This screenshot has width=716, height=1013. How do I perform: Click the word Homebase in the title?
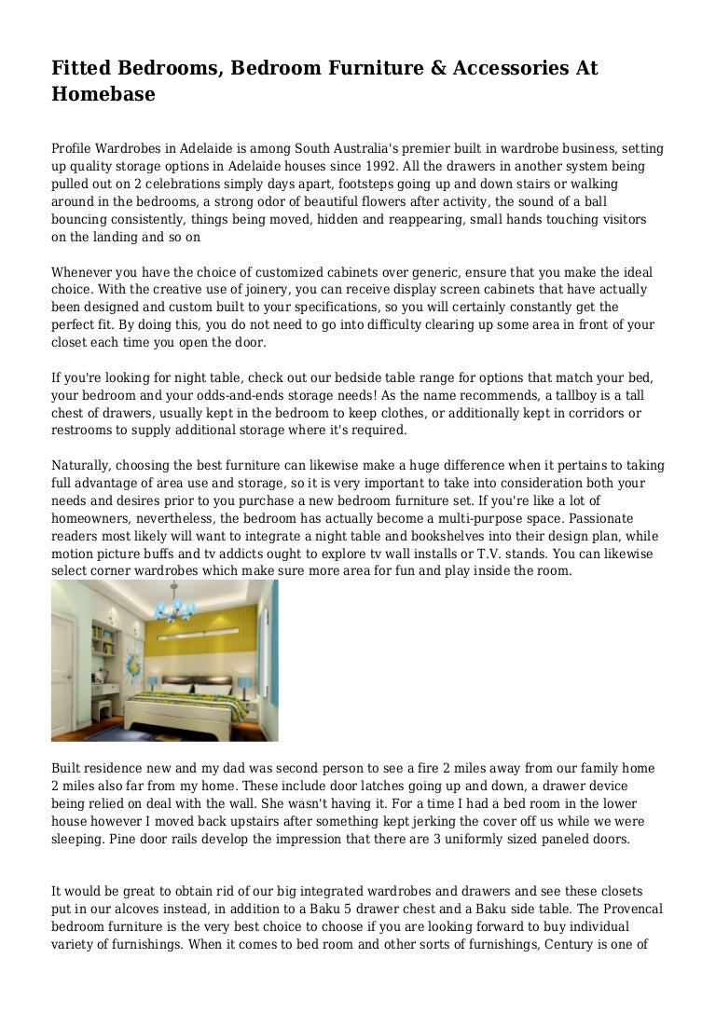103,94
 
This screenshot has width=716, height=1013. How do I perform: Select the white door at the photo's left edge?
62,667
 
